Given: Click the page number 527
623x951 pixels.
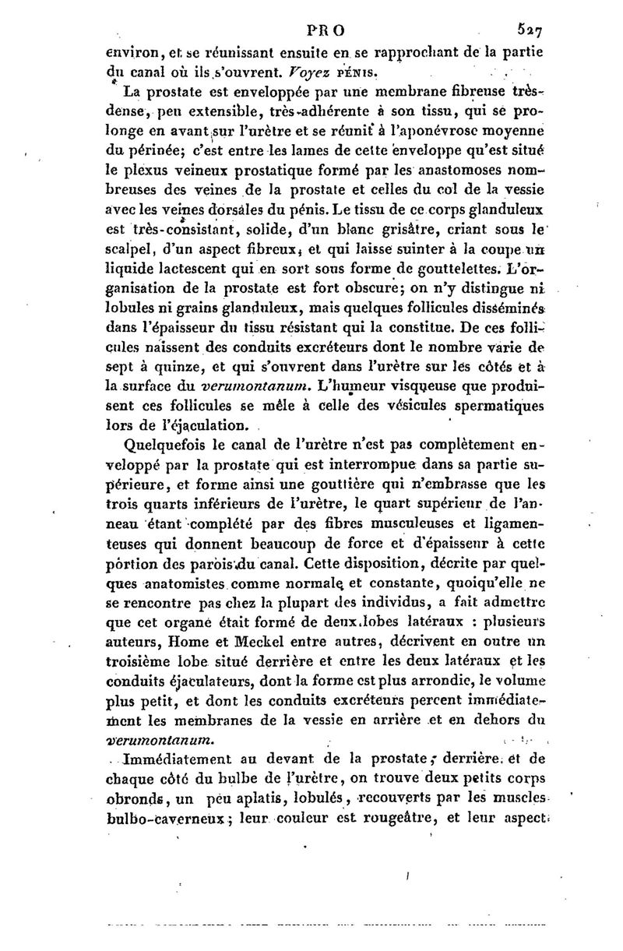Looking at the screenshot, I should tap(527, 30).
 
